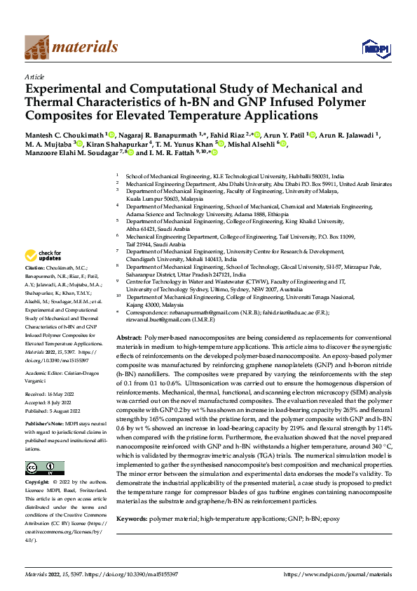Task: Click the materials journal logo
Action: tap(71, 47)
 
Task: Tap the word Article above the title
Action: tap(34, 77)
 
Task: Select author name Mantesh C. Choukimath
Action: tap(64, 133)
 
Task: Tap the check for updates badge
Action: tap(44, 255)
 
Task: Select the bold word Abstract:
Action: tap(129, 338)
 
